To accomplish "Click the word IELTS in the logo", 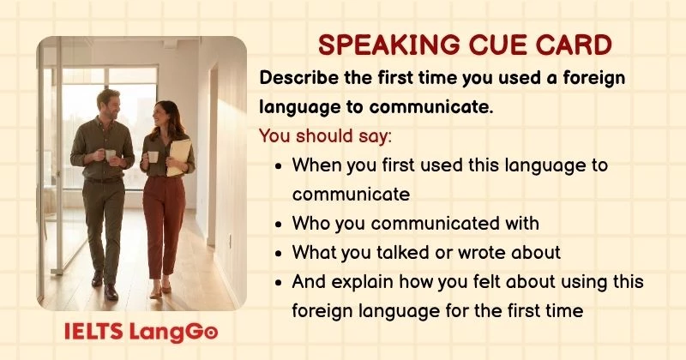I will tap(92, 331).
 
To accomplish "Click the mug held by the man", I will tap(111, 155).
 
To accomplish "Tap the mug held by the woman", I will tap(153, 157).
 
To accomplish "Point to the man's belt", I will tap(104, 179).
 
